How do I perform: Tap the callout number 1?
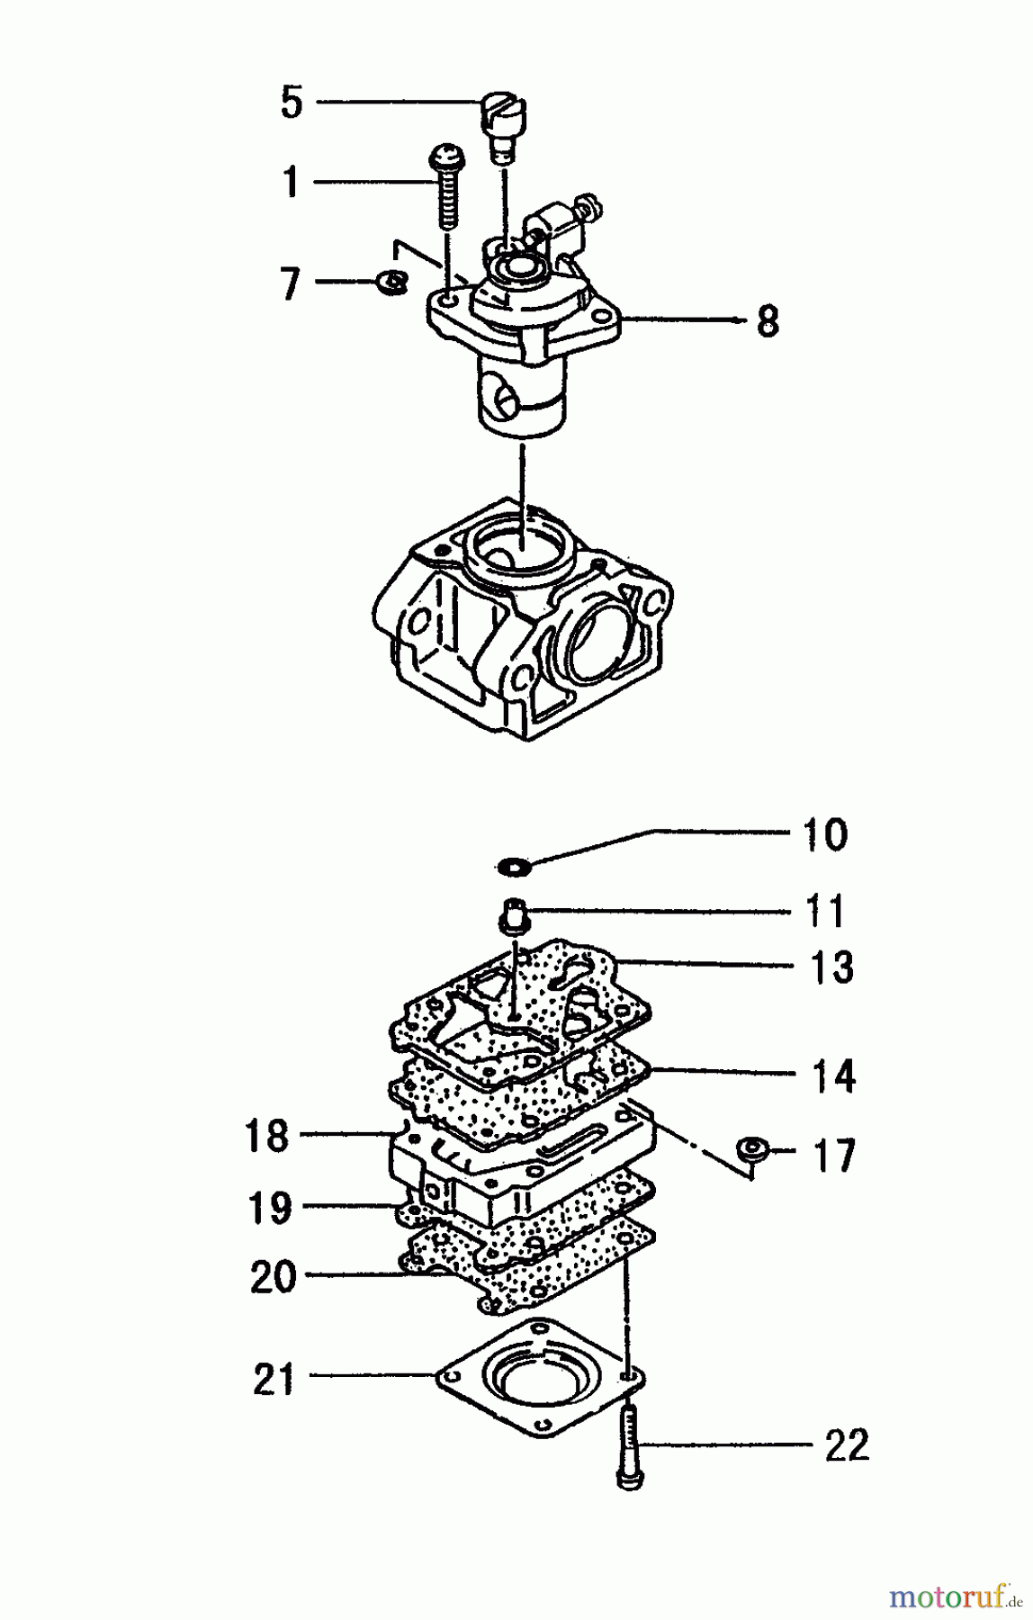pyautogui.click(x=290, y=182)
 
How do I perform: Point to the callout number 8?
pyautogui.click(x=767, y=320)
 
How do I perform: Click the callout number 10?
pyautogui.click(x=824, y=834)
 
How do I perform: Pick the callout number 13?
pyautogui.click(x=831, y=967)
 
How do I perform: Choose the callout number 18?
pyautogui.click(x=267, y=1135)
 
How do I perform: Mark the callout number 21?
pyautogui.click(x=274, y=1379)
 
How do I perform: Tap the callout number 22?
pyautogui.click(x=847, y=1445)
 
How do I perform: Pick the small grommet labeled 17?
pyautogui.click(x=752, y=1149)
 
